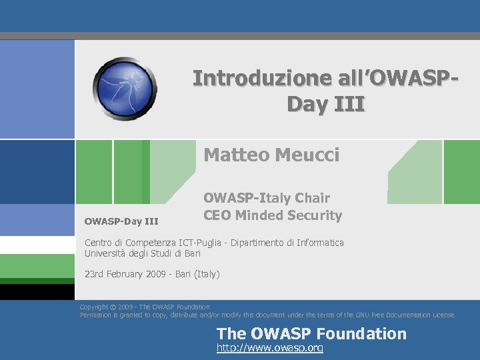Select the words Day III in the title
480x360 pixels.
pyautogui.click(x=325, y=105)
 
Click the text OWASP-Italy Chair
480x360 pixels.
pyautogui.click(x=266, y=198)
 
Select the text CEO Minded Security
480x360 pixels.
pyautogui.click(x=273, y=215)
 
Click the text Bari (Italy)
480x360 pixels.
pyautogui.click(x=200, y=274)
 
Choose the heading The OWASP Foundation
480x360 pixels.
pyautogui.click(x=311, y=333)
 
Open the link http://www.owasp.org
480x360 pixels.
pyautogui.click(x=270, y=349)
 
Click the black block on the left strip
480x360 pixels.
pyautogui.click(x=37, y=291)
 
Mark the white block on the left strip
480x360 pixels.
pyautogui.click(x=37, y=245)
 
